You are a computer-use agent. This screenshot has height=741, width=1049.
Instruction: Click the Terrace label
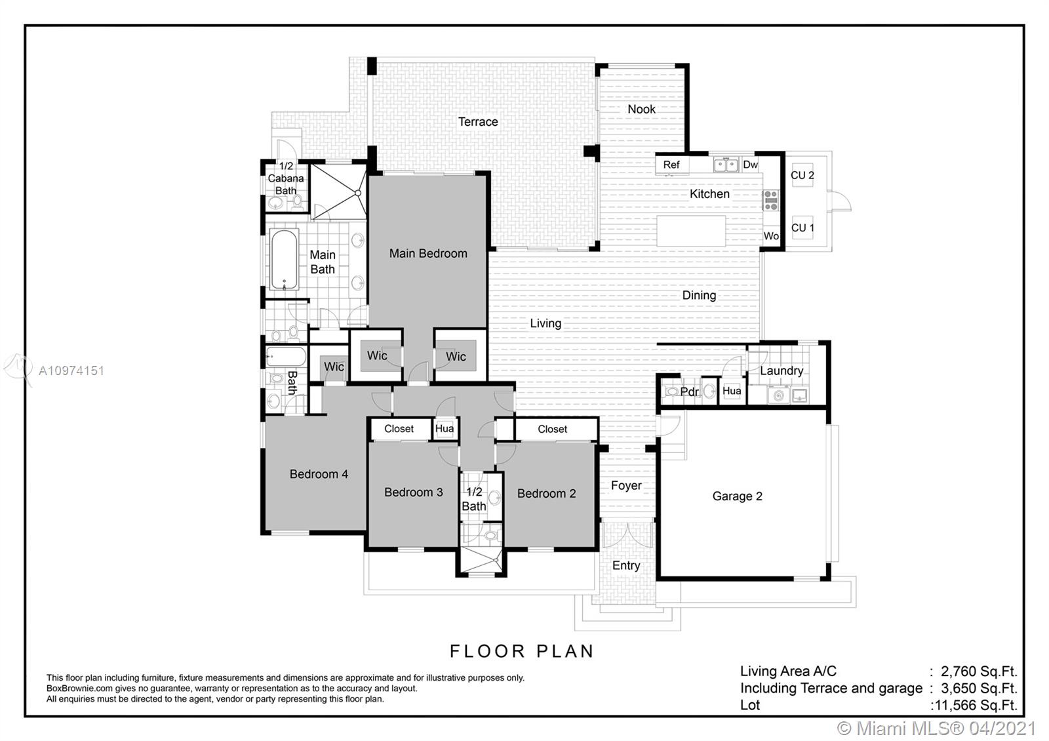pyautogui.click(x=478, y=122)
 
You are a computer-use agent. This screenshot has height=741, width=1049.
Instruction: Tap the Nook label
pyautogui.click(x=642, y=109)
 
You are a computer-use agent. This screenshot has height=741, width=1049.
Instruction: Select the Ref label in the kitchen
pyautogui.click(x=671, y=165)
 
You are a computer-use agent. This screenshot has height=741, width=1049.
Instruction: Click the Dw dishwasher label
pyautogui.click(x=750, y=165)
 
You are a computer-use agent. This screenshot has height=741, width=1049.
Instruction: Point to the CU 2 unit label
pyautogui.click(x=802, y=175)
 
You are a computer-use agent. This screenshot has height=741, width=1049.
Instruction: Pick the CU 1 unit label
pyautogui.click(x=802, y=228)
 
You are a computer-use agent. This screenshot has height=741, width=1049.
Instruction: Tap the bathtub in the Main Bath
pyautogui.click(x=284, y=259)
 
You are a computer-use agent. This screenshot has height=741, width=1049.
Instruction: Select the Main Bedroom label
pyautogui.click(x=428, y=253)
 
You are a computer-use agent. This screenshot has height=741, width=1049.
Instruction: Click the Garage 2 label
pyautogui.click(x=737, y=496)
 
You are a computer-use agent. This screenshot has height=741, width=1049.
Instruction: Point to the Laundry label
pyautogui.click(x=782, y=370)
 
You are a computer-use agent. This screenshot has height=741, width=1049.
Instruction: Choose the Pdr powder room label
pyautogui.click(x=689, y=391)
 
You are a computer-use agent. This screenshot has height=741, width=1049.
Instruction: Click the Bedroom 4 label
pyautogui.click(x=319, y=474)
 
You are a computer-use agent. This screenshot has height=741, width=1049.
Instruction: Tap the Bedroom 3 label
pyautogui.click(x=414, y=492)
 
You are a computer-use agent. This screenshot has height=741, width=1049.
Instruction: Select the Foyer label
pyautogui.click(x=626, y=486)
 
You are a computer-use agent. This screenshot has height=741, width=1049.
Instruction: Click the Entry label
pyautogui.click(x=626, y=566)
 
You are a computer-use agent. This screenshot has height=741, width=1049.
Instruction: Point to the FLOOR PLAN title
pyautogui.click(x=522, y=651)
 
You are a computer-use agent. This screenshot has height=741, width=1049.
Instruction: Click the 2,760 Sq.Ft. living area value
pyautogui.click(x=980, y=671)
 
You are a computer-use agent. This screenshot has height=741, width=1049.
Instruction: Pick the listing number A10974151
pyautogui.click(x=71, y=371)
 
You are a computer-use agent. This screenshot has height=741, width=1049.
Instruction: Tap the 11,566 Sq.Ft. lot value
pyautogui.click(x=975, y=705)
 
